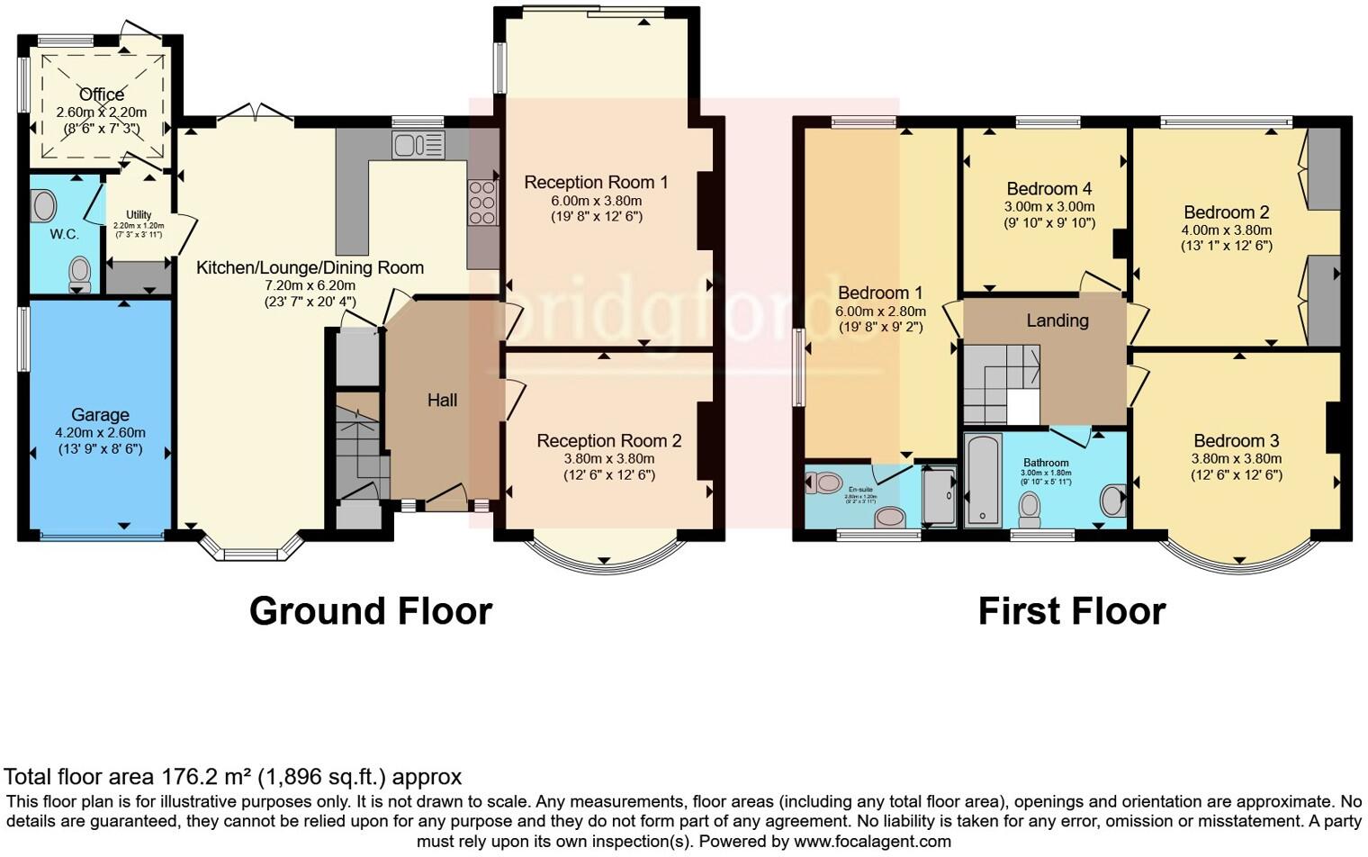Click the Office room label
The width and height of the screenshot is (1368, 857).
point(102,95)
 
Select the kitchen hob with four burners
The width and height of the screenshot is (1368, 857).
point(482,203)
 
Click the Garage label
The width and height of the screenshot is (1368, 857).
point(100,415)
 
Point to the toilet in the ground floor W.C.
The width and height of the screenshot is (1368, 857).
point(80,273)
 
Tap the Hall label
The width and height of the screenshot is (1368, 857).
point(442,401)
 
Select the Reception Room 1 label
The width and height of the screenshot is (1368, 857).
point(596,183)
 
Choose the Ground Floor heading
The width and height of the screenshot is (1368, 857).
point(370,611)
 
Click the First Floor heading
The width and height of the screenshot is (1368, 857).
point(1071,611)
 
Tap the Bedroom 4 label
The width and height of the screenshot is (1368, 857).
point(1048,189)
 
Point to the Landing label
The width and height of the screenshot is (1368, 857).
point(1057,320)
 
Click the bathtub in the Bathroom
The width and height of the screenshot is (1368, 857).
point(983,480)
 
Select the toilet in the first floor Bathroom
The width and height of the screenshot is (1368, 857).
point(1030,509)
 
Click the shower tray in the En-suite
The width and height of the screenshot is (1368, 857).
point(939,495)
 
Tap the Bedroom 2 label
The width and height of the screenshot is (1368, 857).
point(1226,212)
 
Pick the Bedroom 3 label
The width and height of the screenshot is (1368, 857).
point(1236,441)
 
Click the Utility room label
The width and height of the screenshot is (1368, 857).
point(139,215)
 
